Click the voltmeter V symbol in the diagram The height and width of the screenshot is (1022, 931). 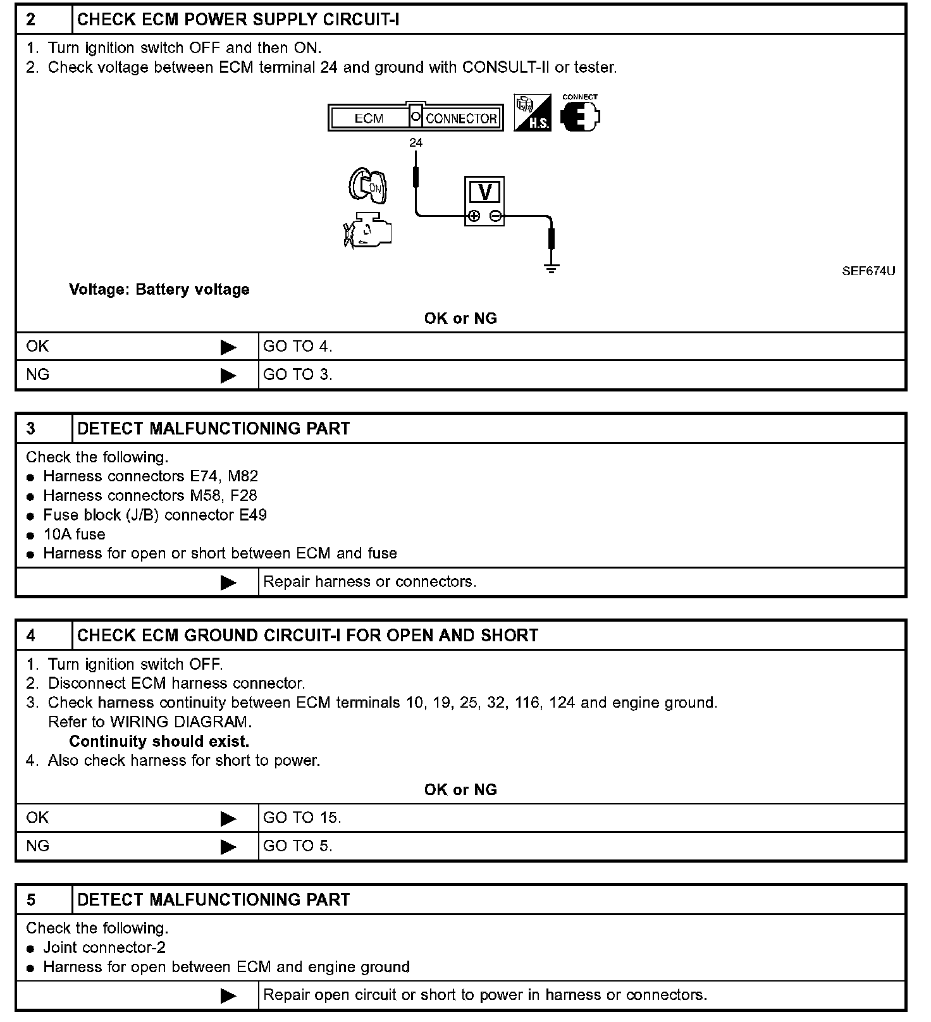point(484,192)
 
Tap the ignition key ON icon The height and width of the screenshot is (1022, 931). point(368,186)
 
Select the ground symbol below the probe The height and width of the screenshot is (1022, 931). point(552,268)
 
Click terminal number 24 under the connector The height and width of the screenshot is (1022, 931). point(416,143)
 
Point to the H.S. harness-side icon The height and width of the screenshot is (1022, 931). point(532,114)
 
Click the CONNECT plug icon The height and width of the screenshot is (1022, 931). point(579,115)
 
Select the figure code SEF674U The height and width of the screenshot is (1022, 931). point(868,271)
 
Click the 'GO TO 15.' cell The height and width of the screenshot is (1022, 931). point(302,818)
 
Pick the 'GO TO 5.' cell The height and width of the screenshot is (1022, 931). point(297,846)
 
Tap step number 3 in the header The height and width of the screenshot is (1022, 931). point(31,429)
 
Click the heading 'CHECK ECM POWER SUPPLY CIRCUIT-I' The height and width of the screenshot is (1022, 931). point(238,20)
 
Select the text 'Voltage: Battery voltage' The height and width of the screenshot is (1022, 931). point(159,290)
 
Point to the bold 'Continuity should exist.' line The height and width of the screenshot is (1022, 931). point(159,741)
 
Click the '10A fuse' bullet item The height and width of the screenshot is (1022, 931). point(74,534)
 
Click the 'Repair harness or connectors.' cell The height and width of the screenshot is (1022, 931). point(369,582)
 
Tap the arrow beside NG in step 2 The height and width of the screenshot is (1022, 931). point(228,376)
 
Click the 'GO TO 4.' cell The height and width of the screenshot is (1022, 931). point(297,347)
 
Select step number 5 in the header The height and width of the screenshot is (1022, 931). point(31,900)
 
